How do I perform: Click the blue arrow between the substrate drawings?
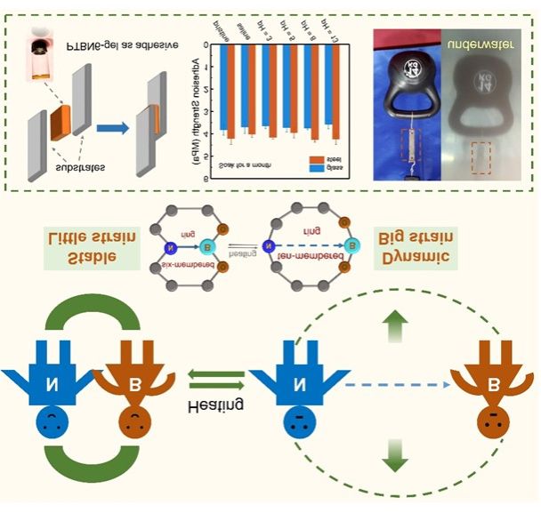pyautogui.click(x=109, y=129)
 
